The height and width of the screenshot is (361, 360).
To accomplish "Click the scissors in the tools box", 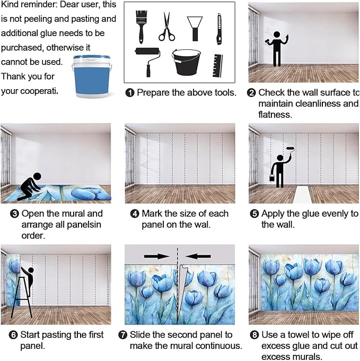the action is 166,27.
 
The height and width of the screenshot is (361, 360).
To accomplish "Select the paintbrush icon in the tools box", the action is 141,27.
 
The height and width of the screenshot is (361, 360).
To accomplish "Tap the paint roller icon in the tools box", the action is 147,61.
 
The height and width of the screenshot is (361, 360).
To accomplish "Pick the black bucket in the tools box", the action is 186,62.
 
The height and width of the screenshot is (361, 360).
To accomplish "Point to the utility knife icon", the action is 219,29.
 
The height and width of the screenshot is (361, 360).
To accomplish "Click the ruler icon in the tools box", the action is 217,66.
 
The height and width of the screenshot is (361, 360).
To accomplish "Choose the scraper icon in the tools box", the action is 195,29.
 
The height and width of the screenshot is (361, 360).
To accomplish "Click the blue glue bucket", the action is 92,76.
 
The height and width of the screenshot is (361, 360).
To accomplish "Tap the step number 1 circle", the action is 130,93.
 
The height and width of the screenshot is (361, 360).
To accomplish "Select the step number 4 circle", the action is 135,214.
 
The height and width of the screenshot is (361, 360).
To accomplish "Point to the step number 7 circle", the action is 122,334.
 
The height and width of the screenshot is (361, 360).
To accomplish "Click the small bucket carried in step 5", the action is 272,177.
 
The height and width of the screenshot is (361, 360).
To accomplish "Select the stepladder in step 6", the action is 21,297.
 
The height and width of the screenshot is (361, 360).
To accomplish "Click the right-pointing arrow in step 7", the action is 157,256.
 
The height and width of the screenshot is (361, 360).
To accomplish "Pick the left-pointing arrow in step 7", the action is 198,256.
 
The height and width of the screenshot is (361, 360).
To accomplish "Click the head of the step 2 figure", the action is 277,34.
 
